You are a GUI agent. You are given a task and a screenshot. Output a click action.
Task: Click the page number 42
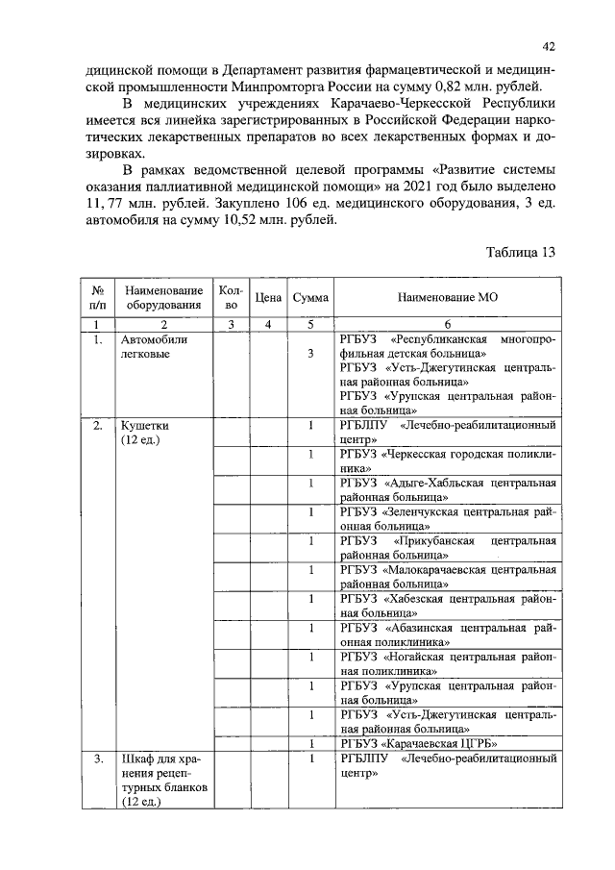tap(550, 45)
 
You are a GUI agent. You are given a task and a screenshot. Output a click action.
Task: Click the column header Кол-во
tap(231, 298)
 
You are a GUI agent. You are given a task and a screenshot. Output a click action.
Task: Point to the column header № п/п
tap(97, 298)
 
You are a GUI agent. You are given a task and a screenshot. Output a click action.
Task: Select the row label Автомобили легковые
tap(154, 347)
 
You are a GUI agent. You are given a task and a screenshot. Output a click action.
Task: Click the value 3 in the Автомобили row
tap(310, 354)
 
